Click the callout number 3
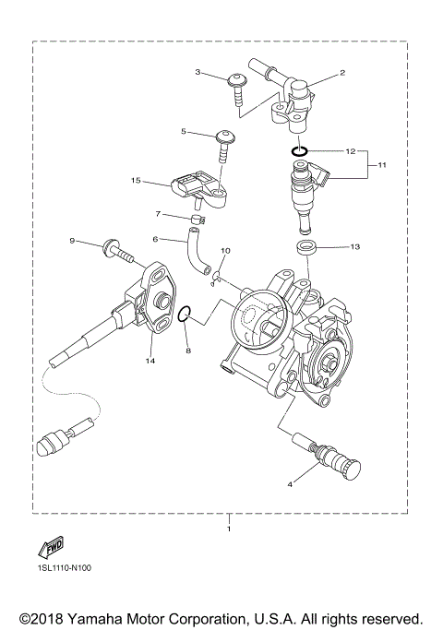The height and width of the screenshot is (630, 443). point(198,71)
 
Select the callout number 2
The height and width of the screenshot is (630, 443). point(342,71)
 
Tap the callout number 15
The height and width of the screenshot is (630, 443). point(136,181)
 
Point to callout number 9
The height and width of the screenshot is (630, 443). point(72,241)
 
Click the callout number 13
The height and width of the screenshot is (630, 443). point(353,247)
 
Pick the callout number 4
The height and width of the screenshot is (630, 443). point(291,482)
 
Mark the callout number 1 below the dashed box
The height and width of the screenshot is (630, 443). point(229,530)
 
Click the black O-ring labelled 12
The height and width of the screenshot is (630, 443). point(297,150)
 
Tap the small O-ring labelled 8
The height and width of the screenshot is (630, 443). point(185,315)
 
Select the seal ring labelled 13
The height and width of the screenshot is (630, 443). point(305,247)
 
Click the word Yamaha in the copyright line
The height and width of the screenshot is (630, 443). point(107,617)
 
